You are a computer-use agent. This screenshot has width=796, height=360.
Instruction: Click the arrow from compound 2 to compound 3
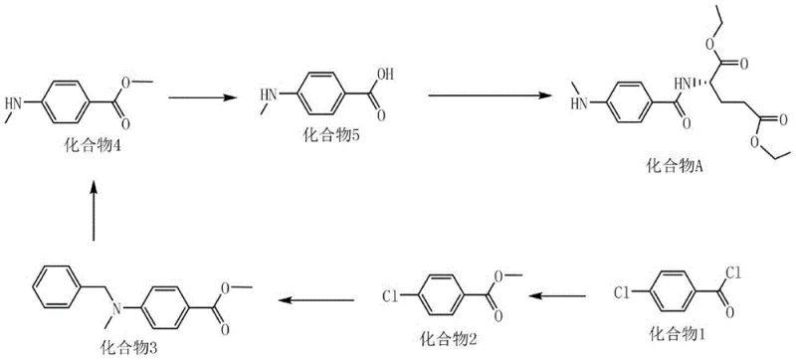(317, 295)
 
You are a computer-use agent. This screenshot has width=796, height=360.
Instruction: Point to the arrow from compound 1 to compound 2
(571, 295)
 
